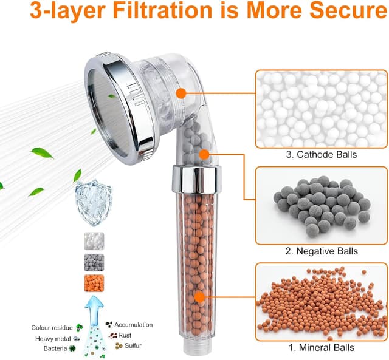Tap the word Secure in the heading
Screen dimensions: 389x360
(348, 10)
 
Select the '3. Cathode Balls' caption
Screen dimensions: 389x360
(322, 154)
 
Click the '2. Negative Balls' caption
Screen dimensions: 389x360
(322, 251)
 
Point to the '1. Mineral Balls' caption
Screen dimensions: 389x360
(322, 347)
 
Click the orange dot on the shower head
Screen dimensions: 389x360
(181, 93)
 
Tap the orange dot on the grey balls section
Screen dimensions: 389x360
(204, 155)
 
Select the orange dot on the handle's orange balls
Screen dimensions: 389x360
(200, 297)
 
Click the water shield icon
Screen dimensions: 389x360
(94, 203)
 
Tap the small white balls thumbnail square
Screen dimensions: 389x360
(94, 241)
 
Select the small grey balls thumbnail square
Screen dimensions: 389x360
(94, 262)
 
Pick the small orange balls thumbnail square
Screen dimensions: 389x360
(94, 283)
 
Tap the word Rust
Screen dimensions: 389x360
(125, 335)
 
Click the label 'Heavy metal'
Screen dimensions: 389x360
(53, 339)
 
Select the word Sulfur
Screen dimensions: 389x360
(133, 345)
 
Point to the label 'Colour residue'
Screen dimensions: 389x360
(52, 328)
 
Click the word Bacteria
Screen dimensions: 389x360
(55, 348)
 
